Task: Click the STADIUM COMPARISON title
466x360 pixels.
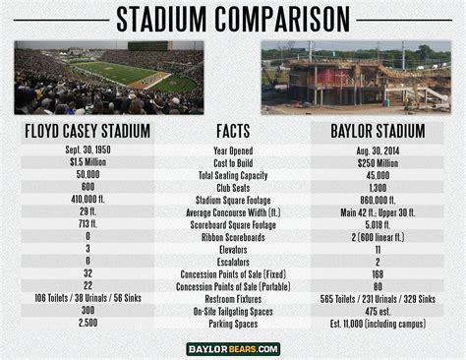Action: [232, 18]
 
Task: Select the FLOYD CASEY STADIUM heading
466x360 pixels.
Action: [88, 130]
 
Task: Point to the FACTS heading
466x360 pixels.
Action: [233, 130]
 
